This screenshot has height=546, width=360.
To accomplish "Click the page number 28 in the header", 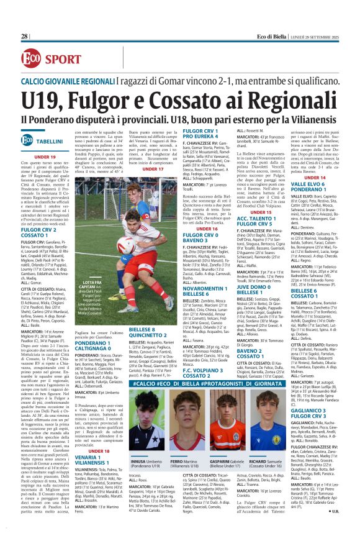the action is click(x=25, y=37).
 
